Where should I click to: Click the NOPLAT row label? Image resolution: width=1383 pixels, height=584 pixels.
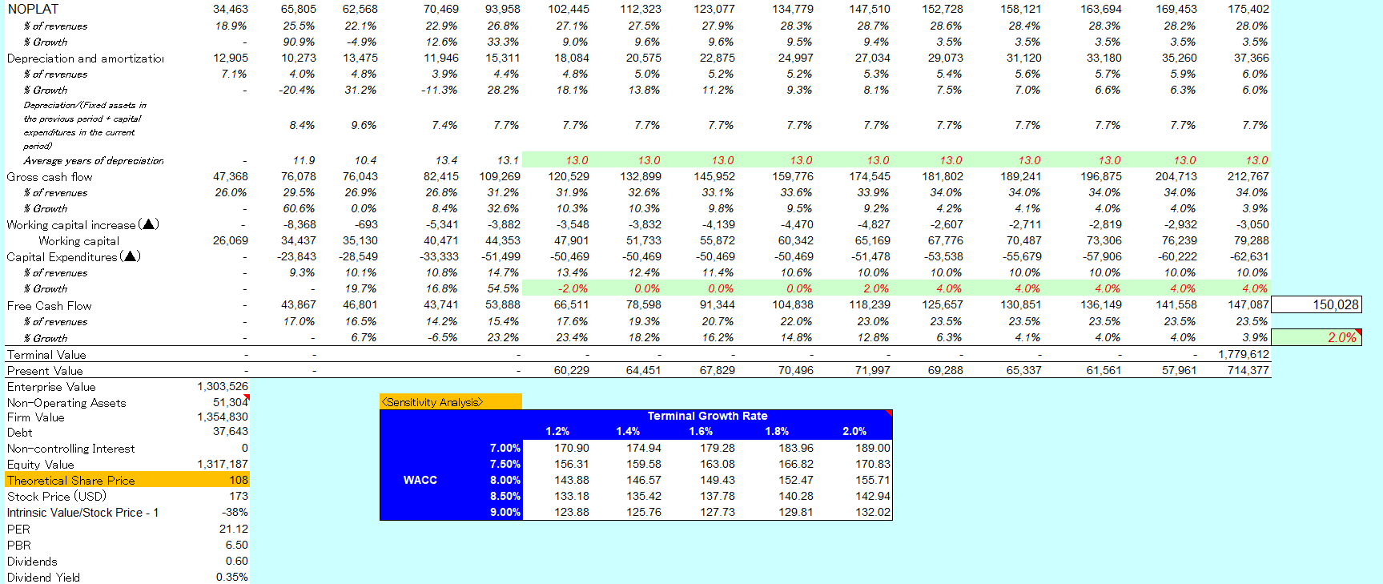33,9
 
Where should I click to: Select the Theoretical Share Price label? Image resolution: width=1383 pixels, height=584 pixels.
71,481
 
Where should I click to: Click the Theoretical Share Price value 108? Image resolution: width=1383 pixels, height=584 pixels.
239,480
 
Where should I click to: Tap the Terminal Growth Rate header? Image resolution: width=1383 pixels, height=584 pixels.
707,416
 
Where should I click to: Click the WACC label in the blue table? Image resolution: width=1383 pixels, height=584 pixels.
420,480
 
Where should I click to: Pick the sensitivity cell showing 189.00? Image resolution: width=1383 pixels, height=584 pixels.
872,448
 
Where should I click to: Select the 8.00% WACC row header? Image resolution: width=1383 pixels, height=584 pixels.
505,480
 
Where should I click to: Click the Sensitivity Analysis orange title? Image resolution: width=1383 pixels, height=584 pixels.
432,402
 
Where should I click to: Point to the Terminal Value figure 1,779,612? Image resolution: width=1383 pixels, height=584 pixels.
1243,354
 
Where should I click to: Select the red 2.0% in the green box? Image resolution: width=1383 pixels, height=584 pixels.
1341,337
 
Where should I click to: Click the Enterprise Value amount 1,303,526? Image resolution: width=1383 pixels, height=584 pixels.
223,386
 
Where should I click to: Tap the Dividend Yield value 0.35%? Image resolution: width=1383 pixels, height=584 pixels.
231,577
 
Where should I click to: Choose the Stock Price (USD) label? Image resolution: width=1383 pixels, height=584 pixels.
56,496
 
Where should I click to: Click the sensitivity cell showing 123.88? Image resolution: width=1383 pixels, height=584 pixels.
571,512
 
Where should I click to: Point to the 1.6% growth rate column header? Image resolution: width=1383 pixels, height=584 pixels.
701,431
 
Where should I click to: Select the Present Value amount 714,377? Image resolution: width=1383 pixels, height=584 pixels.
1248,370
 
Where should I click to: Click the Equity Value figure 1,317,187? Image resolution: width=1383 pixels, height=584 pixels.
223,464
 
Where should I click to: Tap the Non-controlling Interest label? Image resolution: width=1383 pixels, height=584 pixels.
70,449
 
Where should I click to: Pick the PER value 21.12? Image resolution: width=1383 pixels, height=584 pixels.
233,529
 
